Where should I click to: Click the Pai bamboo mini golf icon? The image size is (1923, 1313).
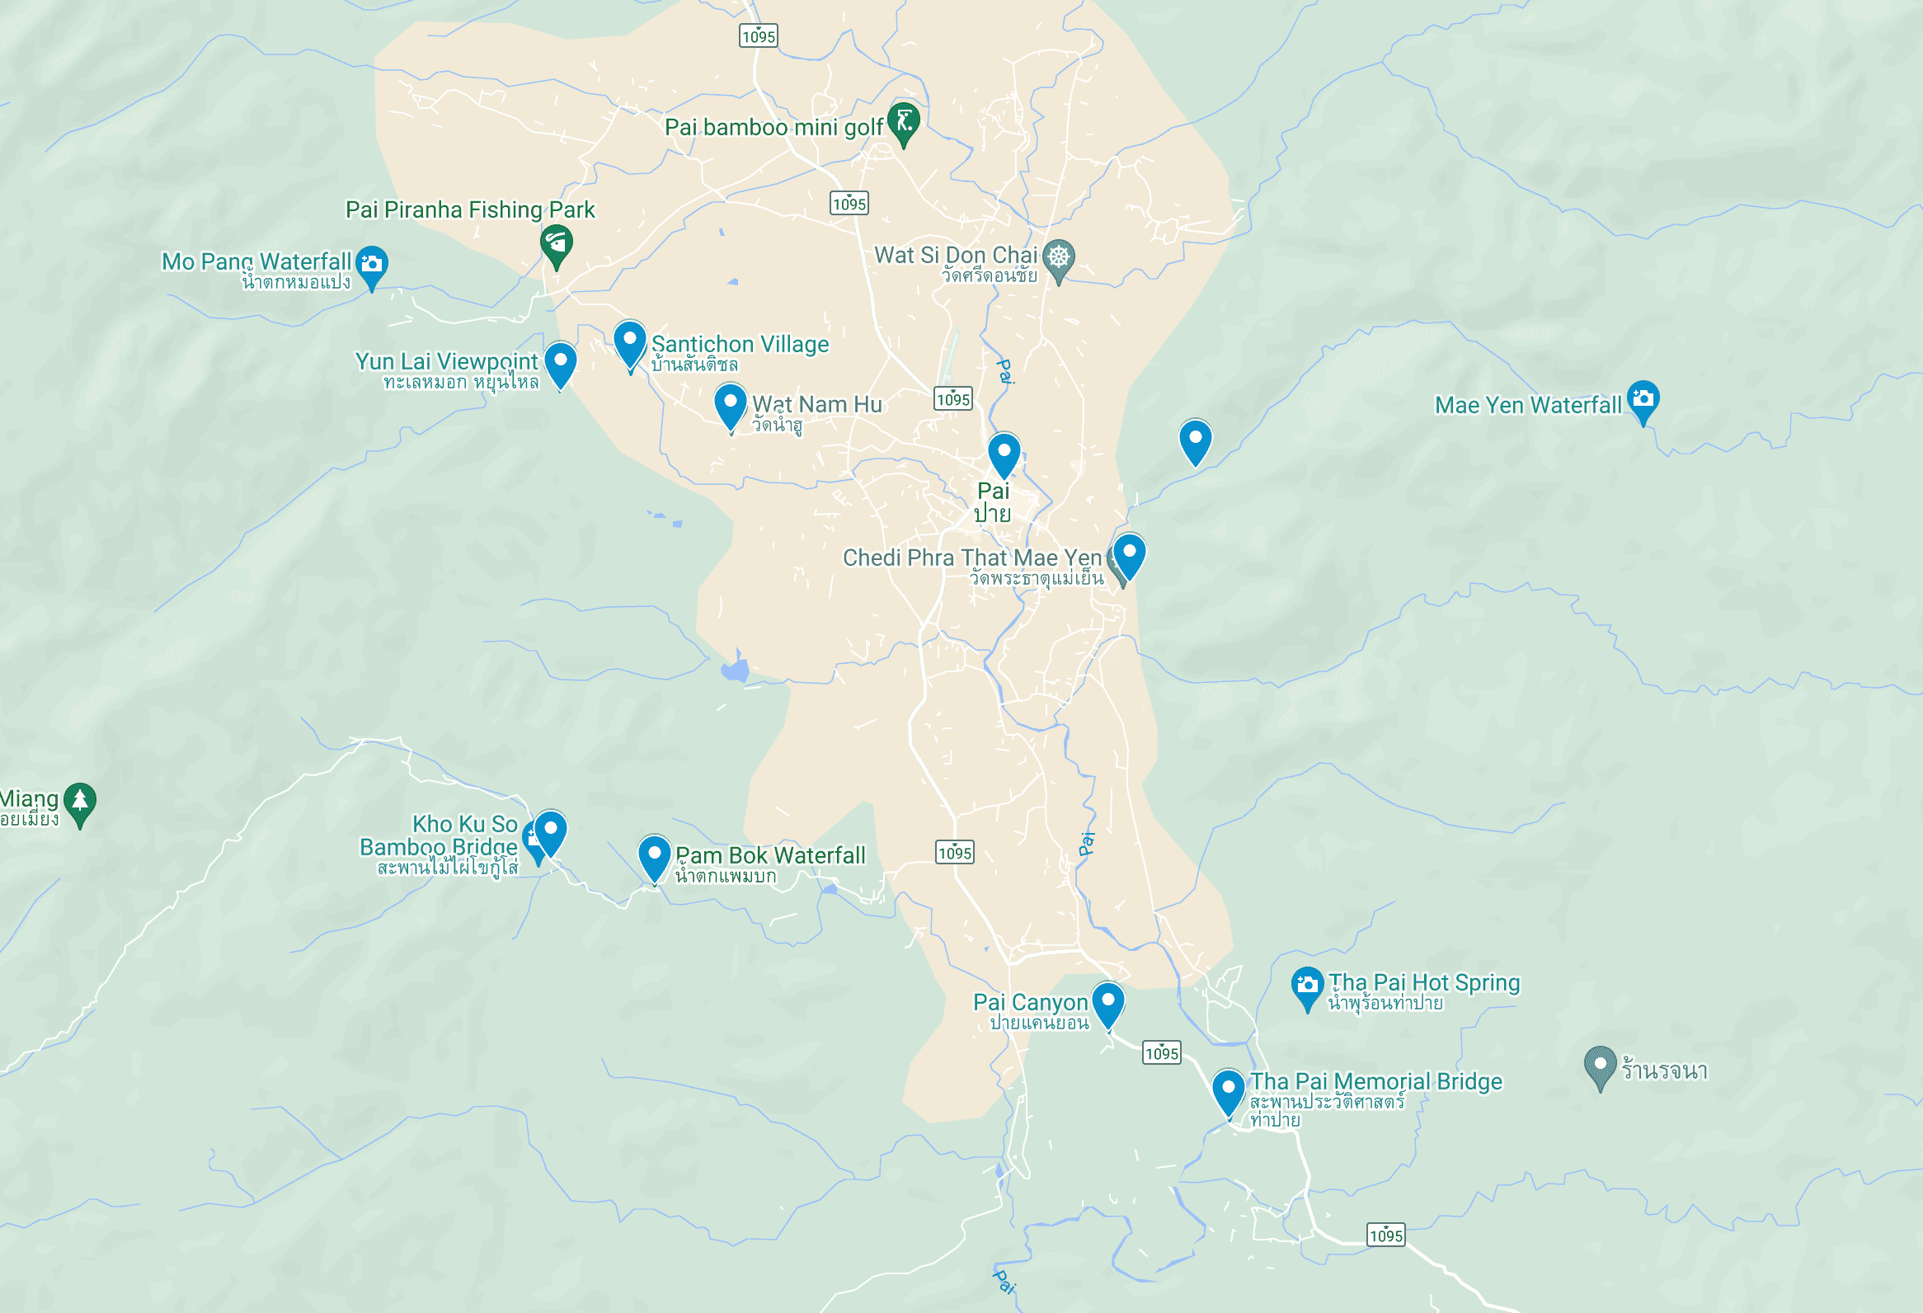pos(904,121)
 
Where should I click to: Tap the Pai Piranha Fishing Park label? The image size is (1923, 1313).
pos(469,210)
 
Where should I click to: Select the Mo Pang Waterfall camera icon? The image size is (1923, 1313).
pos(372,264)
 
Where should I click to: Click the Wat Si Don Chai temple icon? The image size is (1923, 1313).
pos(1058,256)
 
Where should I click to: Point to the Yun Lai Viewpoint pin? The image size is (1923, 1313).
pos(560,361)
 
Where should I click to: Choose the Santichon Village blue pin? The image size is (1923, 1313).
pos(630,341)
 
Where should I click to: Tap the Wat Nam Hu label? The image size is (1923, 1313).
pos(816,405)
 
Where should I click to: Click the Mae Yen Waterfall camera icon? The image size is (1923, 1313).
pos(1643,399)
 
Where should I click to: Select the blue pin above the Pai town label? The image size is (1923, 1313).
pos(1004,452)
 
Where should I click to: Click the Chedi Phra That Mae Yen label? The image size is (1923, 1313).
pos(971,558)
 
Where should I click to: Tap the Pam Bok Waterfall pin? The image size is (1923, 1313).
pos(654,854)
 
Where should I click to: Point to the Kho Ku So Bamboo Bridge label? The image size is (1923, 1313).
pos(439,835)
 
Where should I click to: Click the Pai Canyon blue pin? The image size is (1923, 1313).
pos(1107,1001)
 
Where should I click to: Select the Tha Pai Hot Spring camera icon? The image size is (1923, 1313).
pos(1306,985)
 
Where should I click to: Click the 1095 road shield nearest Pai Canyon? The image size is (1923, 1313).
pos(1161,1052)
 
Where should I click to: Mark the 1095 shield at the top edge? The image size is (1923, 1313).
pos(758,35)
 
